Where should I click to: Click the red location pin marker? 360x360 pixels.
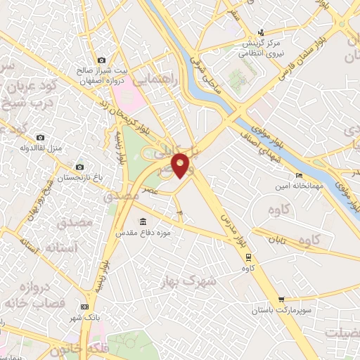tap(181, 165)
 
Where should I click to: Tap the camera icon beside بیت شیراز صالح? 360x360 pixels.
tap(102, 60)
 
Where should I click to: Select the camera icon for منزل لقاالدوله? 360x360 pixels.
tap(40, 137)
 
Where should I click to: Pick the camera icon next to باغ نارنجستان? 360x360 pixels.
tap(79, 167)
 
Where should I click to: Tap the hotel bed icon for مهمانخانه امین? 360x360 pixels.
tap(300, 175)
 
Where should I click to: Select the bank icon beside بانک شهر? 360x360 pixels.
tap(85, 307)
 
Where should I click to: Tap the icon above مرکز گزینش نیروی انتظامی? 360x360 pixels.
tap(262, 32)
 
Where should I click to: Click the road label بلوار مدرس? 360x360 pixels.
tap(226, 229)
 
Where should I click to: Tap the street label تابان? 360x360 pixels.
tap(277, 239)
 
